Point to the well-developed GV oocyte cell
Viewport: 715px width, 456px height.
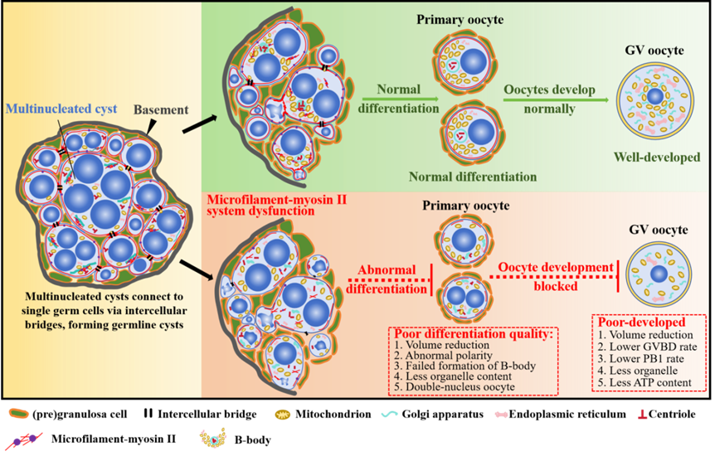tap(655, 97)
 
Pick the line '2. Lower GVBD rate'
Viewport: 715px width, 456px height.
tap(652, 346)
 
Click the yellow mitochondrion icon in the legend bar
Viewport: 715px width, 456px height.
tap(285, 412)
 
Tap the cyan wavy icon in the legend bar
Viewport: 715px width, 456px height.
tap(390, 413)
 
